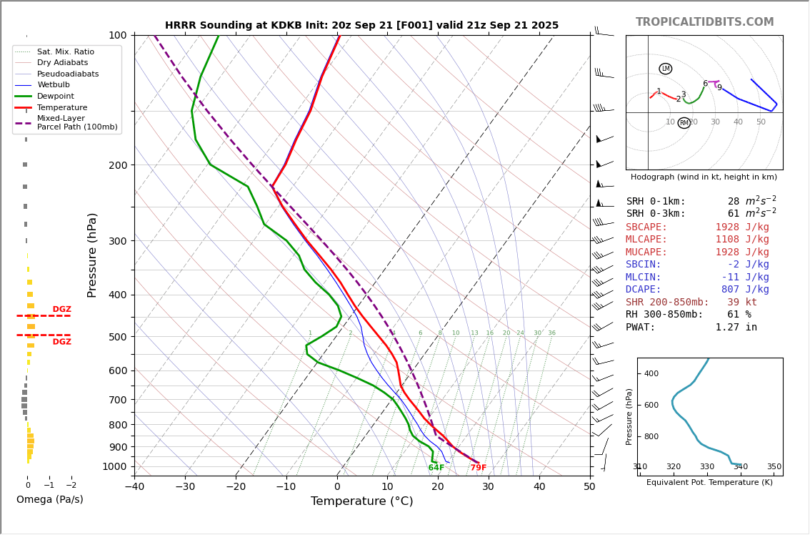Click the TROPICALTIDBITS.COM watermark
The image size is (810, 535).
tap(704, 22)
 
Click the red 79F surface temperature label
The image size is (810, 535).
tap(478, 468)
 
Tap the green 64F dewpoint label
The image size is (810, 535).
tap(436, 468)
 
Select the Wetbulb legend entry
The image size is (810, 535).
tap(54, 85)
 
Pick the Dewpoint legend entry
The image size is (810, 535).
tap(56, 97)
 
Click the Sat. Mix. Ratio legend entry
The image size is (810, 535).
tap(65, 52)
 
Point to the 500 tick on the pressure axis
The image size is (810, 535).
tap(117, 337)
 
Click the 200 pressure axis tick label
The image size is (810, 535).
tap(117, 165)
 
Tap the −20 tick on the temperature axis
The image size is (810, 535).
tap(236, 487)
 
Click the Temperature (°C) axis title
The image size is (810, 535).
tap(361, 501)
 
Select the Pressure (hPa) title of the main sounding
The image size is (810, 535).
tap(92, 255)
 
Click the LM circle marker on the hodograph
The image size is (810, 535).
tap(665, 69)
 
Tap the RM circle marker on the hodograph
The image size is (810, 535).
tap(684, 123)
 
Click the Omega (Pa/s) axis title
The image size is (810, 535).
tap(49, 499)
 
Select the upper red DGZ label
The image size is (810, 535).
tap(61, 310)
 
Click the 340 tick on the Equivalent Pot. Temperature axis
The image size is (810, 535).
tap(741, 467)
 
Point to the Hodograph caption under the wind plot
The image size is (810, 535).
tap(704, 177)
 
